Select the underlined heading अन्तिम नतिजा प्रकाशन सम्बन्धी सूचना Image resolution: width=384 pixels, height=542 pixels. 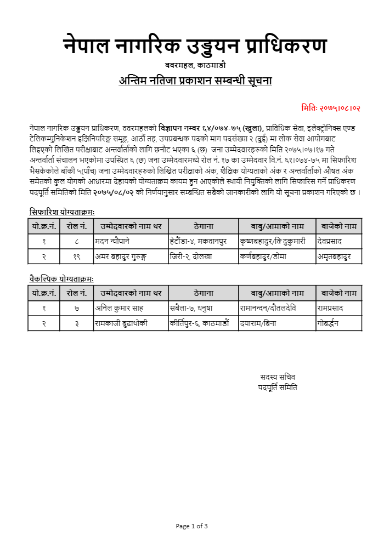click(x=195, y=81)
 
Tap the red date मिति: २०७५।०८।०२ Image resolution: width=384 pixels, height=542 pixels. click(x=331, y=108)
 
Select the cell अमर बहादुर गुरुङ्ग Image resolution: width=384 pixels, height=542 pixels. click(x=125, y=256)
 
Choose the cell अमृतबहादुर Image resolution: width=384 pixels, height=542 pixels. click(x=334, y=256)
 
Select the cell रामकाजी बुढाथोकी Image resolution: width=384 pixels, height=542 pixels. click(x=121, y=323)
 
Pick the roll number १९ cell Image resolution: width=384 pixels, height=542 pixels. click(x=77, y=256)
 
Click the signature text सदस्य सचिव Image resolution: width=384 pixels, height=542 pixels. click(x=278, y=377)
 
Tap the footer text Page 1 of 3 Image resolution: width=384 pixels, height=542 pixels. click(x=191, y=526)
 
